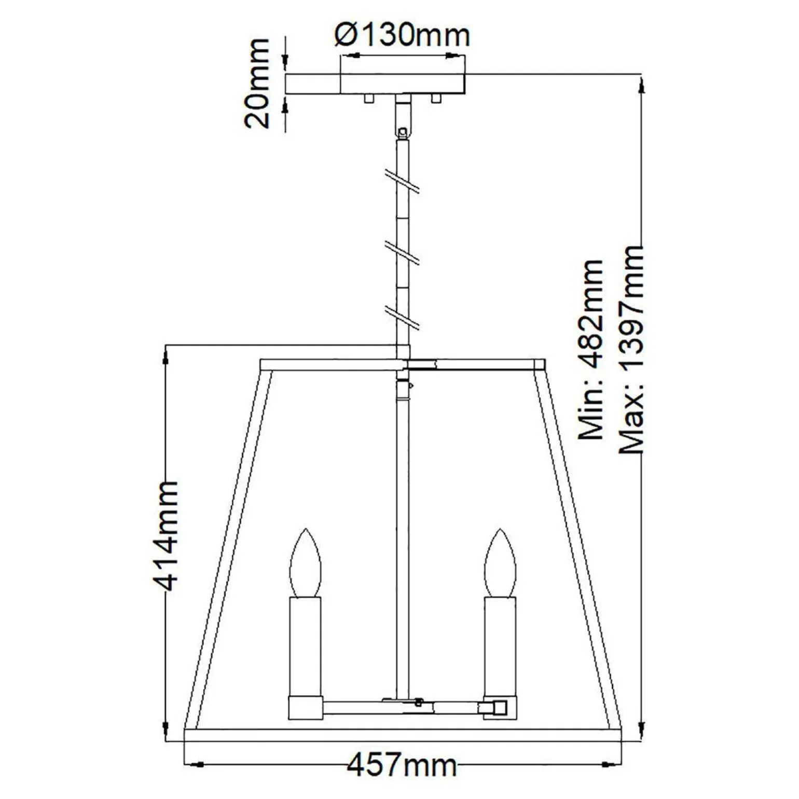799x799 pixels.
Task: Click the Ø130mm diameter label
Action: pyautogui.click(x=403, y=35)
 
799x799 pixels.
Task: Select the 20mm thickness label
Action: pyautogui.click(x=258, y=83)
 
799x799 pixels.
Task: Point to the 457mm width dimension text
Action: pyautogui.click(x=402, y=765)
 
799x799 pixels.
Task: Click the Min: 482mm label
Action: pyautogui.click(x=592, y=351)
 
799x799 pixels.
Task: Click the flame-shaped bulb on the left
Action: pyautogui.click(x=306, y=563)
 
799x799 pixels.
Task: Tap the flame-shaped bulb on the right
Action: pyautogui.click(x=500, y=563)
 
